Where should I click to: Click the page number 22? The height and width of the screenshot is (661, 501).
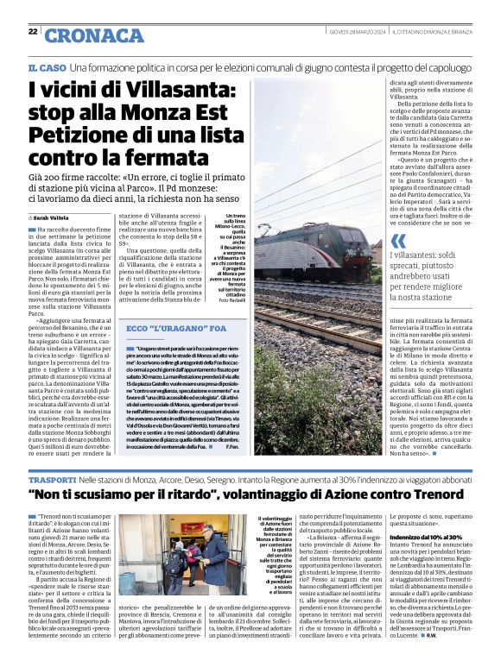coord(33,32)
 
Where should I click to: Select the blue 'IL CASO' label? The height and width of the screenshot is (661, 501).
coord(46,67)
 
